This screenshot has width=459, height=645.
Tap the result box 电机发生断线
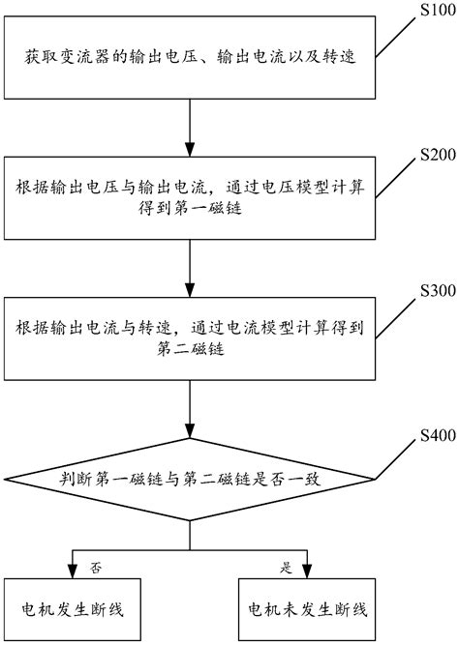74,610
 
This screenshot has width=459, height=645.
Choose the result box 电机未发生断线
307,610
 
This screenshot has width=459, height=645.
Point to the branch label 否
94,563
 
